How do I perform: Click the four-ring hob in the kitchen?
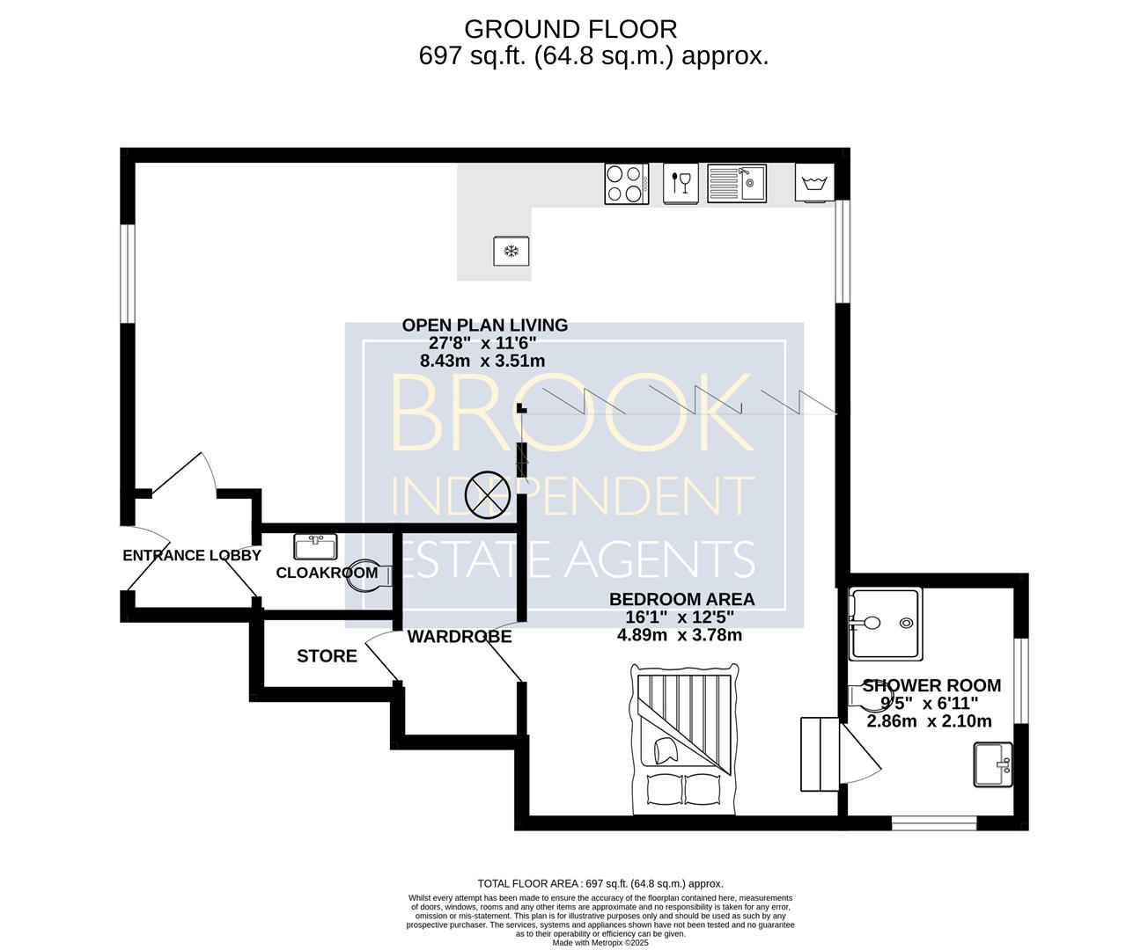click(626, 184)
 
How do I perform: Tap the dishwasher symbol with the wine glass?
click(681, 184)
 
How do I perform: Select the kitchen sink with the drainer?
click(737, 184)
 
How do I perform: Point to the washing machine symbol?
click(815, 183)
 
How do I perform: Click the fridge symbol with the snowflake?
click(511, 251)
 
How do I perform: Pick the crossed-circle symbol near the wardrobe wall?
click(488, 495)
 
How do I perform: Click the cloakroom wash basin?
click(315, 546)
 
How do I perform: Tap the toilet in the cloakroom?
click(370, 576)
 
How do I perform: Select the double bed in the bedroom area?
click(684, 739)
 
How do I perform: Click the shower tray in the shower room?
click(886, 624)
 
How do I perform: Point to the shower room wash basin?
click(993, 764)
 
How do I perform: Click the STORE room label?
click(327, 656)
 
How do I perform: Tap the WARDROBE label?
click(460, 637)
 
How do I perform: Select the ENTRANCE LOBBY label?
click(192, 556)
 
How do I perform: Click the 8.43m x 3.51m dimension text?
click(482, 361)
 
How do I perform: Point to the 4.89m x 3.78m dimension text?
click(680, 635)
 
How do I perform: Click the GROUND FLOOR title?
click(570, 29)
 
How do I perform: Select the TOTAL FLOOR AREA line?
click(600, 883)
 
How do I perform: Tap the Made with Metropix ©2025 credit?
click(601, 943)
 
